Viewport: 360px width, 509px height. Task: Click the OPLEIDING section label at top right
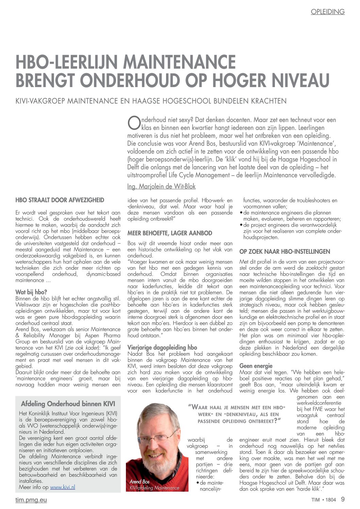tap(327, 12)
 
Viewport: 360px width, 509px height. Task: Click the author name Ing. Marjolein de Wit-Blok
tap(161, 186)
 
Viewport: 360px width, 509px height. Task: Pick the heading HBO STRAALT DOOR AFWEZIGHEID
tap(60, 200)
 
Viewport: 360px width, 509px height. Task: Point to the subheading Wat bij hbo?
tap(31, 292)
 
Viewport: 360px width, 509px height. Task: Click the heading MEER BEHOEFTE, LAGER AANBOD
tap(170, 233)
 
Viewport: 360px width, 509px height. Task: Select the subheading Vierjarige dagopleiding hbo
tap(162, 347)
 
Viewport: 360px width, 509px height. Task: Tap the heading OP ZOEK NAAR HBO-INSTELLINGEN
tap(285, 252)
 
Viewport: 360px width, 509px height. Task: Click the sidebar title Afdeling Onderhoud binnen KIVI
tap(68, 404)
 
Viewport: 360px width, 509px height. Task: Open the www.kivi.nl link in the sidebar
tap(63, 487)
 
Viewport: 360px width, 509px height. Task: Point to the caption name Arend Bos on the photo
tap(139, 481)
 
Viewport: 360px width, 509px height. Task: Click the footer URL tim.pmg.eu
tap(31, 500)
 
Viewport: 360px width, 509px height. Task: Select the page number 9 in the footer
tap(343, 499)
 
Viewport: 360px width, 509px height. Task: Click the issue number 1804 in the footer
tap(330, 500)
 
